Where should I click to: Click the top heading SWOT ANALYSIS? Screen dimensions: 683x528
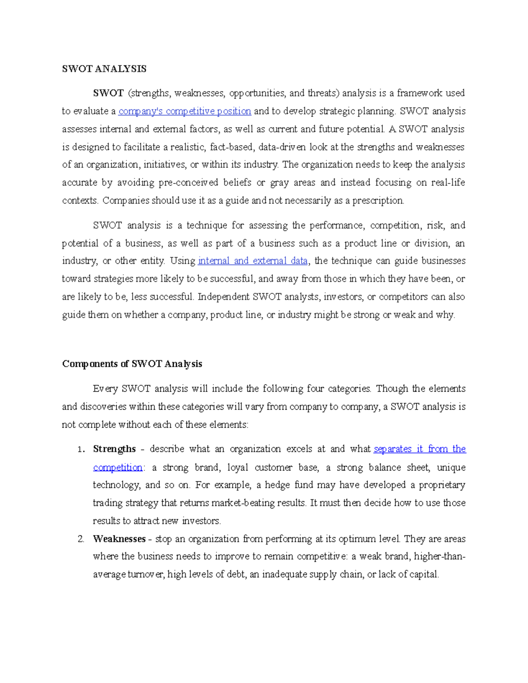point(104,69)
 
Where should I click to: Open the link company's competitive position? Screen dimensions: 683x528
point(185,111)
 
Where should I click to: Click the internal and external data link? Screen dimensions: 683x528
point(253,261)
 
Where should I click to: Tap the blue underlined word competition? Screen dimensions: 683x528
point(118,467)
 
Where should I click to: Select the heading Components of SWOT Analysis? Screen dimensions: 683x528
point(132,364)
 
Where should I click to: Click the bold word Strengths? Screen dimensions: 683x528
point(114,449)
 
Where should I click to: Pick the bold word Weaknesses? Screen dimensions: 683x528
point(119,539)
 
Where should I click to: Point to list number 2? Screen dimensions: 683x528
point(81,539)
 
